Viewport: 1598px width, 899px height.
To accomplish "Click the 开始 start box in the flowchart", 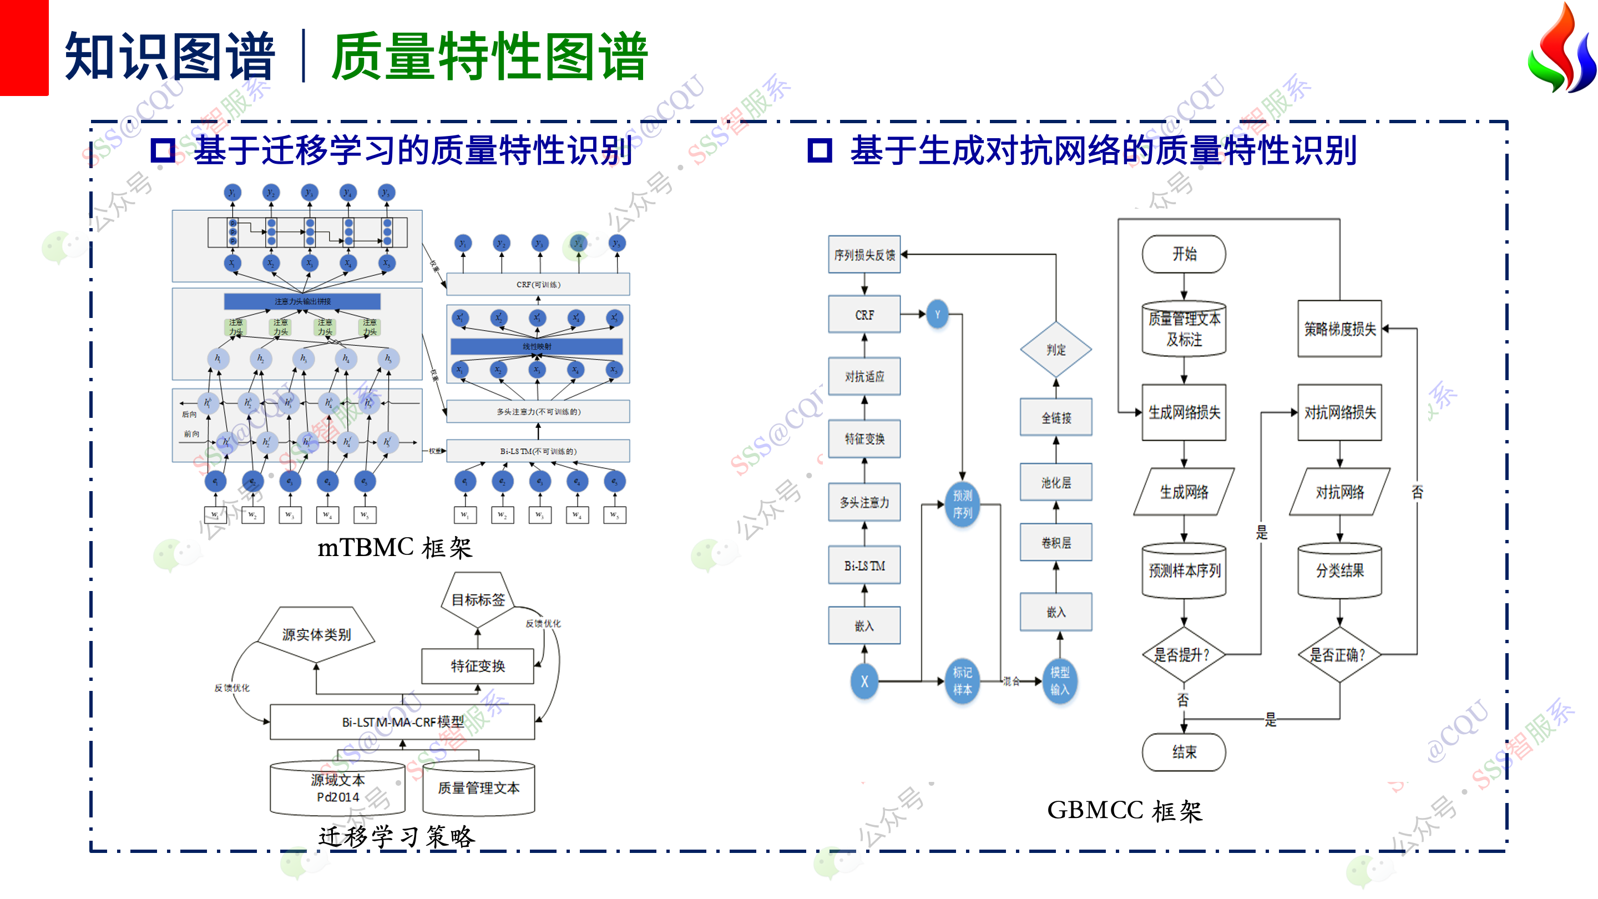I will point(1184,254).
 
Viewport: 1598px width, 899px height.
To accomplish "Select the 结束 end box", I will point(1184,752).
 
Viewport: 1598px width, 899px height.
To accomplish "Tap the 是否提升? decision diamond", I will point(1184,655).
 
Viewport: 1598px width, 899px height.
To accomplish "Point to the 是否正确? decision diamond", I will point(1339,655).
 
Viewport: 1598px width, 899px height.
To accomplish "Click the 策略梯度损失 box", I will point(1339,329).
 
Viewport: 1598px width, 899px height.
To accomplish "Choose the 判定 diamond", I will point(1056,349).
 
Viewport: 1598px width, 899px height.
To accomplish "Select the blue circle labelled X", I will point(864,681).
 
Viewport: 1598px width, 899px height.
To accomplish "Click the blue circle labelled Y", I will point(937,315).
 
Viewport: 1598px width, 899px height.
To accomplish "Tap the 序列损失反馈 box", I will point(864,254).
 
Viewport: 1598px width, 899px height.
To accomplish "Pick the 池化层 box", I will point(1056,482).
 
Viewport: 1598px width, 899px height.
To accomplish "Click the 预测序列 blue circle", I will point(962,504).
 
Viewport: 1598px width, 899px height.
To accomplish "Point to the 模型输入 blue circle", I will point(1060,681).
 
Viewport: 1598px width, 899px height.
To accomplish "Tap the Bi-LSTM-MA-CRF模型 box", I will point(403,721).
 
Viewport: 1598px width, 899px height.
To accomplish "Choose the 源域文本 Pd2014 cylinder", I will point(337,788).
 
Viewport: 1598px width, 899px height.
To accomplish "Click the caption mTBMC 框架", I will point(395,548).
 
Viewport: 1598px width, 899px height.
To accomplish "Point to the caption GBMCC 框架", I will point(1124,810).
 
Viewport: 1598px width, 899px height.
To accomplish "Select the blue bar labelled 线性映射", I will point(537,346).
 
